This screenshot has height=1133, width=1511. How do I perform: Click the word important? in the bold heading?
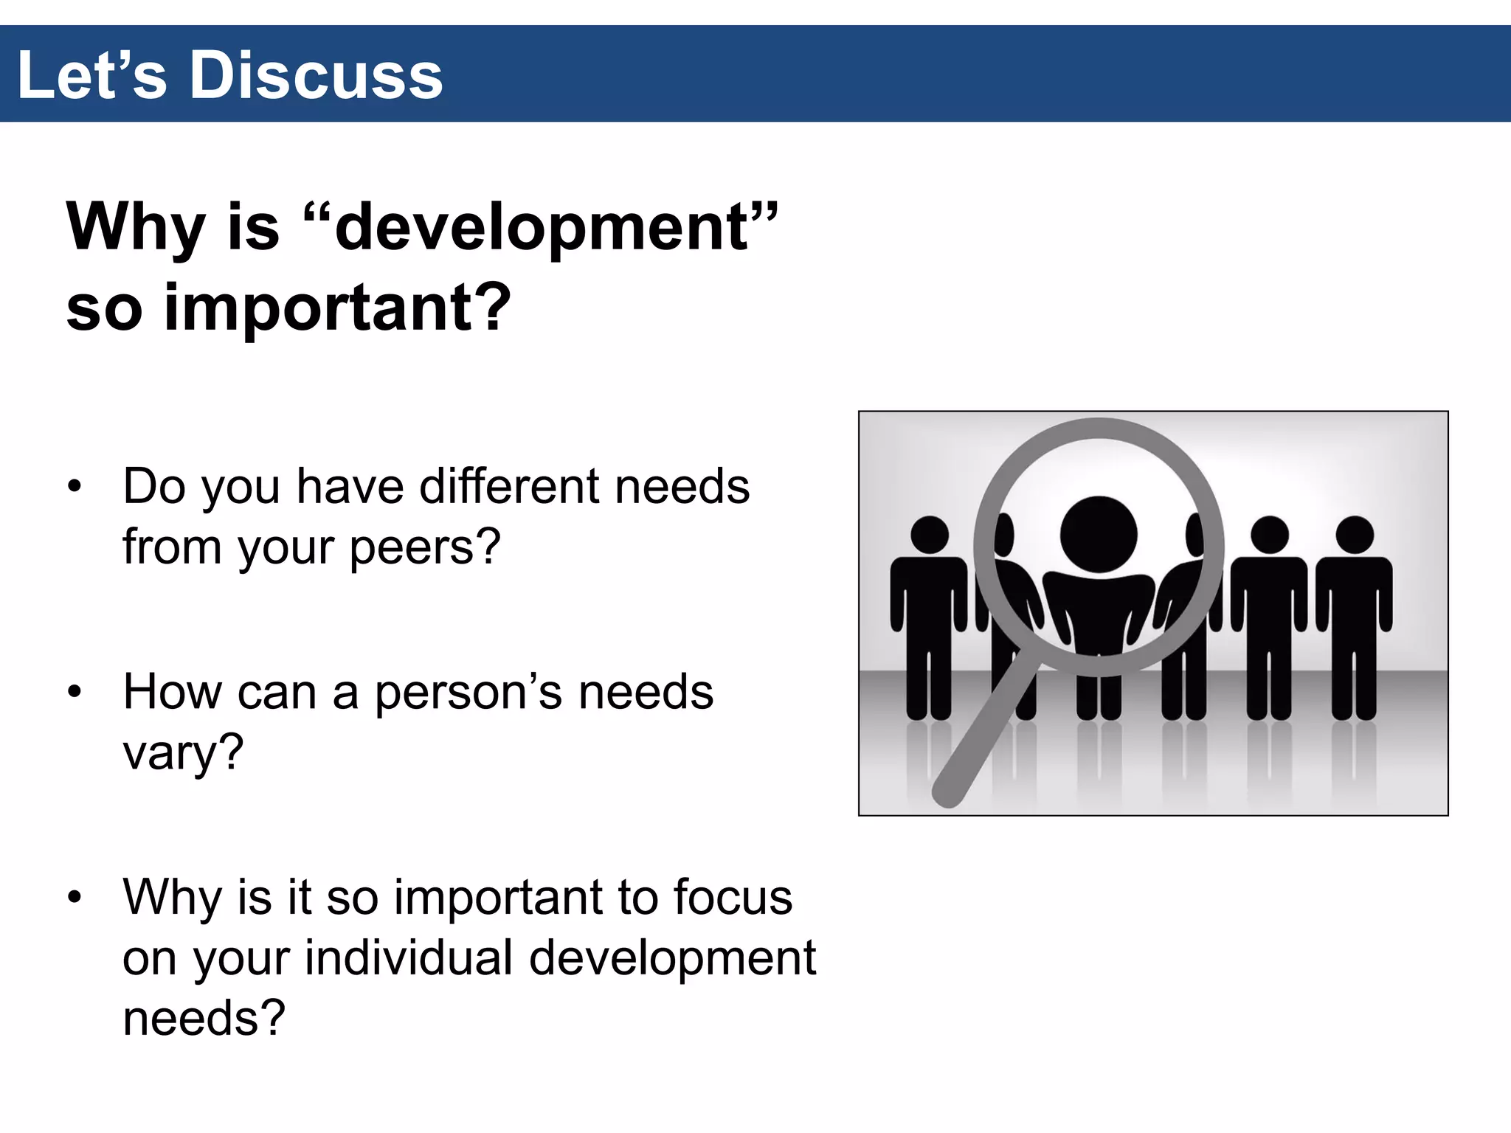coord(337,308)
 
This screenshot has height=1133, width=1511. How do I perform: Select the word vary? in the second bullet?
coord(183,753)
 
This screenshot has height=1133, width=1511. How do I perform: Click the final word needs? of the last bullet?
coord(204,1018)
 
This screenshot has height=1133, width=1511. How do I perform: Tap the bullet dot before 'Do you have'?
coord(74,488)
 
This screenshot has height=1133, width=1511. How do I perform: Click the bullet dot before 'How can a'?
coord(74,693)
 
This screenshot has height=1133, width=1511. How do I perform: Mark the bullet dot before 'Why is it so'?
coord(74,898)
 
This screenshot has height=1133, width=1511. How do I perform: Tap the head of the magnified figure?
coord(1099,534)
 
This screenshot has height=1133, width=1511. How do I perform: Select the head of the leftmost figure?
coord(930,535)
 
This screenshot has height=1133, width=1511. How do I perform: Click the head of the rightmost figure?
coord(1355,535)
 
